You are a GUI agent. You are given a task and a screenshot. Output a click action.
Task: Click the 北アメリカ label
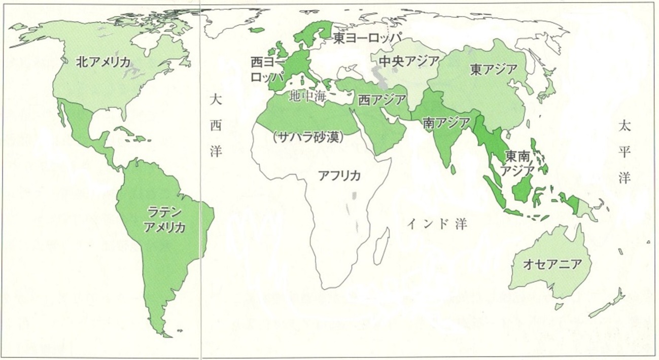point(103,62)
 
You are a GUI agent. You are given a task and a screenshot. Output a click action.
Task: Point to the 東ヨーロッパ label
point(367,39)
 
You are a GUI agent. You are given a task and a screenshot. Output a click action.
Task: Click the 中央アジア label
point(409,61)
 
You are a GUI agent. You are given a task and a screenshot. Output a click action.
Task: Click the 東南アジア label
point(517,163)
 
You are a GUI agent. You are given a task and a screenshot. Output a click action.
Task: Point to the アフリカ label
point(339,176)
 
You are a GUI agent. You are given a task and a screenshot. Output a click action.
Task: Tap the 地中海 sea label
point(307,96)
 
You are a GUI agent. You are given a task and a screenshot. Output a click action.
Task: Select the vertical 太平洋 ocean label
point(623,152)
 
